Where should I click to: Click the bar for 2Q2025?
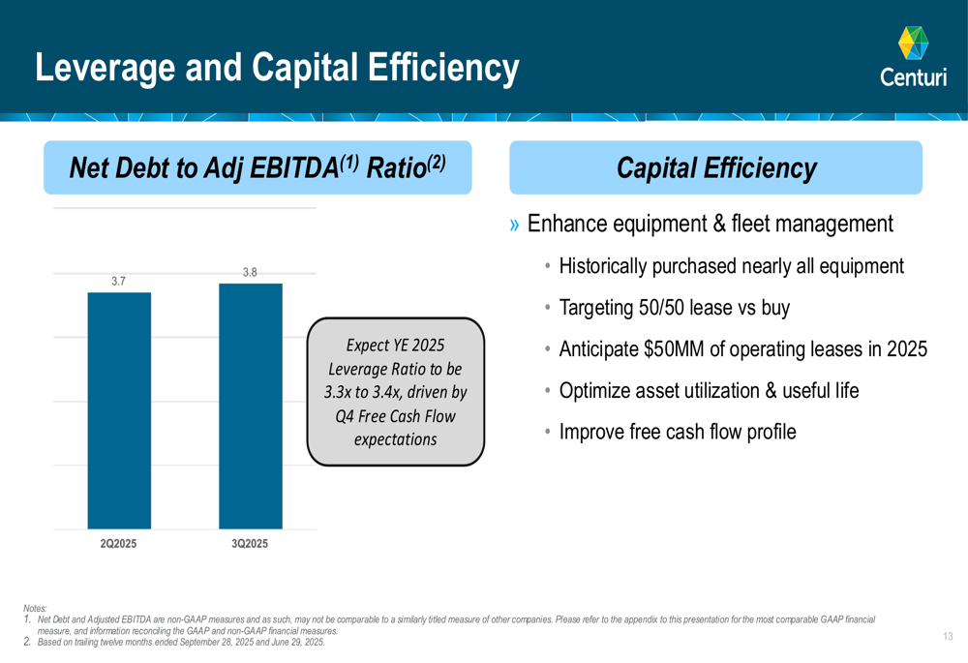coord(119,410)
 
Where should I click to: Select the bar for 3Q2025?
coord(251,407)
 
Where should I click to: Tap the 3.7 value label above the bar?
coord(119,281)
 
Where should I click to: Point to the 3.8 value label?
coord(250,273)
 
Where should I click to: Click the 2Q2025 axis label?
coord(119,544)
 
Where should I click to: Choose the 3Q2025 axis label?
coord(250,544)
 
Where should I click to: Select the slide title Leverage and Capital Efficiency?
coord(277,68)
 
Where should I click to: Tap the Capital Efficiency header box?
coord(715,168)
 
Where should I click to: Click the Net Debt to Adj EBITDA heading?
coord(257,168)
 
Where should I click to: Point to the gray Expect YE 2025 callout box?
coord(395,392)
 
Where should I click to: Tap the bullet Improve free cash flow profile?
coord(677,432)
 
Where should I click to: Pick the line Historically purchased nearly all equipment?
coord(731,266)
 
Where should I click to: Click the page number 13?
coord(947,636)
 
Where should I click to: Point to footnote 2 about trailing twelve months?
coord(180,642)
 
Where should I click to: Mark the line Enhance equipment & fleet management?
coord(710,225)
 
